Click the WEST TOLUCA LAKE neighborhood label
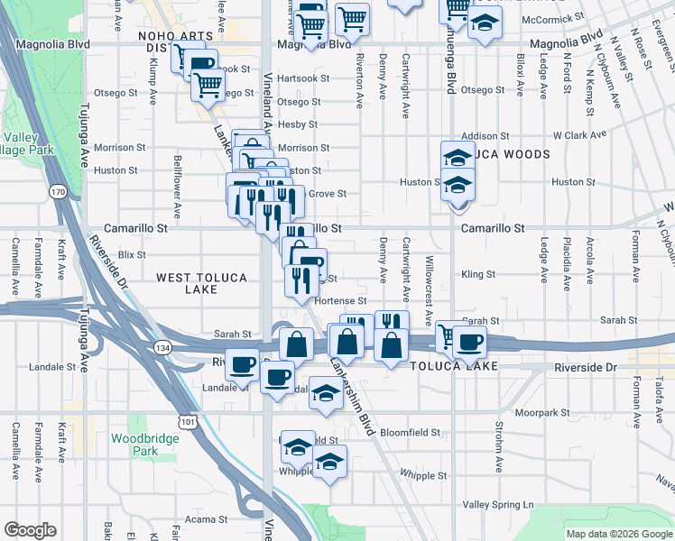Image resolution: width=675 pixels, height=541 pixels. click(201, 283)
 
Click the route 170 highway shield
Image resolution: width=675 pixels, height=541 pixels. click(59, 192)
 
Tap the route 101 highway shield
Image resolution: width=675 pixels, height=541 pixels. click(188, 420)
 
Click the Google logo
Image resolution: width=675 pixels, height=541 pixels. click(30, 530)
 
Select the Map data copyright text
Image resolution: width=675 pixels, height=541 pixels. click(618, 534)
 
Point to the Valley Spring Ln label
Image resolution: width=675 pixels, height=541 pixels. click(498, 505)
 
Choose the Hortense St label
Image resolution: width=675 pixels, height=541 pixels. click(341, 300)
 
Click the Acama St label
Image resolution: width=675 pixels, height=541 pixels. click(206, 519)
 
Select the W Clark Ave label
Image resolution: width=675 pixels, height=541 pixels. click(578, 135)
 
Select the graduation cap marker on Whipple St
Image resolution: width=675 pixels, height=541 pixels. click(329, 463)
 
